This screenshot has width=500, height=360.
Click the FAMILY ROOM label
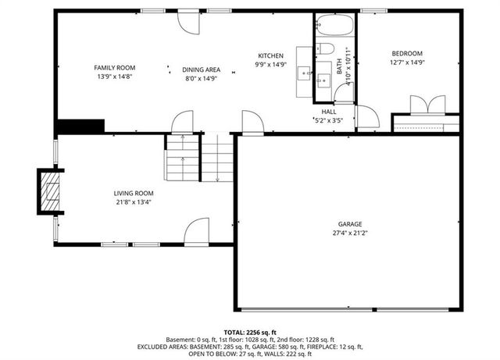click(116, 68)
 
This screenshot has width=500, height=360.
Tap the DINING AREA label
click(202, 70)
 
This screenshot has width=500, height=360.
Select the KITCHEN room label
click(271, 55)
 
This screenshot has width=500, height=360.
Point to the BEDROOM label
click(407, 53)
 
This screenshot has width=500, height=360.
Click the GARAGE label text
click(349, 224)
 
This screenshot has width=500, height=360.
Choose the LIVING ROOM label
click(134, 193)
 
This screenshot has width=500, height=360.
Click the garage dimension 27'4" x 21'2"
click(349, 233)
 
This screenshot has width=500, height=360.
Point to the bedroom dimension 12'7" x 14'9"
click(407, 62)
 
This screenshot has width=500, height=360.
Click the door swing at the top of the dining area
click(188, 21)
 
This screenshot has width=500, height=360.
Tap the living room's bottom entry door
click(196, 232)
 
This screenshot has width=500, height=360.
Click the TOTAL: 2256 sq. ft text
click(250, 332)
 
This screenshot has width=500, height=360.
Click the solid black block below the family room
click(80, 127)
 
